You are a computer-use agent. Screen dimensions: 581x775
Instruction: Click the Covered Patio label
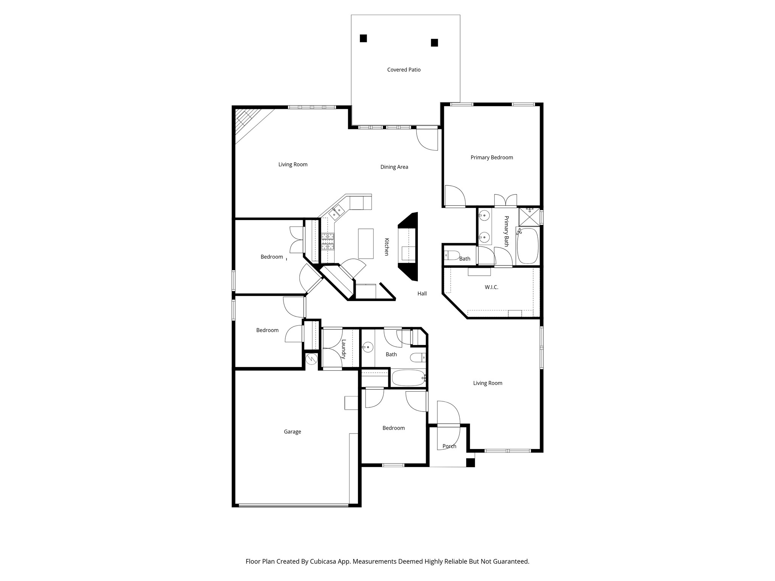pos(404,70)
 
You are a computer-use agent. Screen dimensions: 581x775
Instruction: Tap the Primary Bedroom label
pos(492,157)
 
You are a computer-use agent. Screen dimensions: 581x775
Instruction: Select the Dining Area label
pos(394,167)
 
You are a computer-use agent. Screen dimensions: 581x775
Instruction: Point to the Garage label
pos(292,432)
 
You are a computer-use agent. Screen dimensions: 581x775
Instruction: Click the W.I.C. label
pos(491,287)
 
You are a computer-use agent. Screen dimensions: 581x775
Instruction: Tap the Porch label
pos(449,446)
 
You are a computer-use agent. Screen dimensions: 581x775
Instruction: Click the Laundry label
pos(344,349)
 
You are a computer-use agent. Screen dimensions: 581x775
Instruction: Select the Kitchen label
pos(387,247)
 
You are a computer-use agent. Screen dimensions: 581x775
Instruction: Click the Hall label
pos(422,294)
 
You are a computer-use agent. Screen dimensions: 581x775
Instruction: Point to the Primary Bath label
pos(506,231)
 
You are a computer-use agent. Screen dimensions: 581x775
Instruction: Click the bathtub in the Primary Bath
pos(528,246)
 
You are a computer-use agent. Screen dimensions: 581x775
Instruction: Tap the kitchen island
pos(366,244)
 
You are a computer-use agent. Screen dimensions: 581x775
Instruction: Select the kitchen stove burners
pos(328,242)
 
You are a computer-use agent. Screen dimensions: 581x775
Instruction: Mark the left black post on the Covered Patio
pos(363,38)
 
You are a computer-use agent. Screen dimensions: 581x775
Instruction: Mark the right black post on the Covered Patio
pos(434,43)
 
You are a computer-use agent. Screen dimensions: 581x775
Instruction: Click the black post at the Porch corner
pos(470,462)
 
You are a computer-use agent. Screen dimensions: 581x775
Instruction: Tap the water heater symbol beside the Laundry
pos(311,359)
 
